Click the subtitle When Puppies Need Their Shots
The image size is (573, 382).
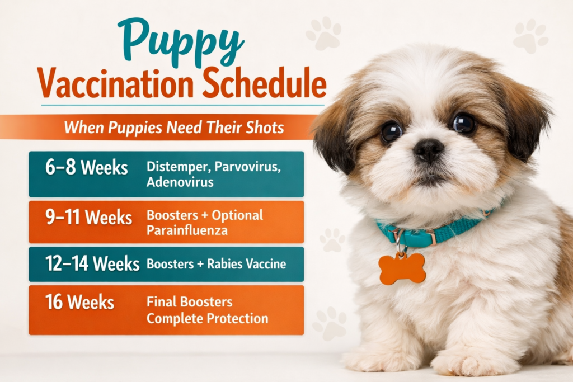click(x=173, y=128)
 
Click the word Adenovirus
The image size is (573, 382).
click(x=180, y=182)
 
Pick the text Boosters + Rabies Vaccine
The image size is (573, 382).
click(x=217, y=264)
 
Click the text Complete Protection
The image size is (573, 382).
click(x=207, y=319)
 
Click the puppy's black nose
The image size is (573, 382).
click(x=429, y=150)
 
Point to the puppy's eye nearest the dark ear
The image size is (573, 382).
click(x=464, y=124)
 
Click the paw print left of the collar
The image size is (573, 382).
click(x=332, y=240)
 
